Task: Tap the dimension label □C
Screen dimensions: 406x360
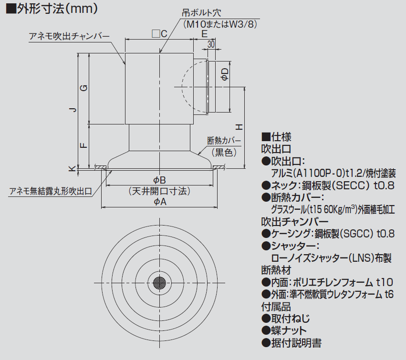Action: click(x=159, y=34)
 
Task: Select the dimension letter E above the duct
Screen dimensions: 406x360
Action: click(x=204, y=34)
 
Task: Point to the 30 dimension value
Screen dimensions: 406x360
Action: click(x=211, y=44)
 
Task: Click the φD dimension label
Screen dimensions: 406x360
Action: click(x=225, y=74)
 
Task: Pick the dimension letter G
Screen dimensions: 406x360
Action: click(x=83, y=88)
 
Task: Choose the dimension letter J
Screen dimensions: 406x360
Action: click(x=73, y=110)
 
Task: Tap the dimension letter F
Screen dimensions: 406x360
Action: click(x=83, y=145)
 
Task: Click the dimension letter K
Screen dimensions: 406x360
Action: click(x=73, y=168)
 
